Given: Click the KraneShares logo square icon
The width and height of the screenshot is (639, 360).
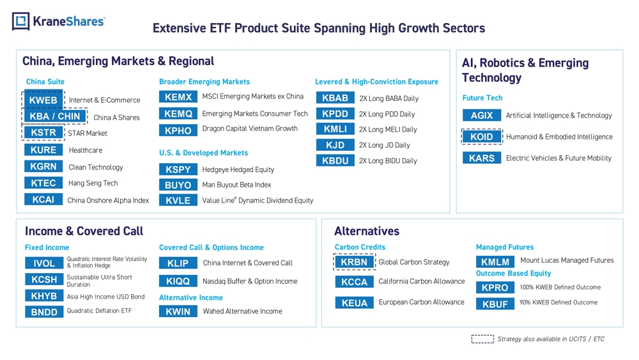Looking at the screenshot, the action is (21, 21).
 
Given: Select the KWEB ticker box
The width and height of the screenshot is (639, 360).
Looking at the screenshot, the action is (43, 100).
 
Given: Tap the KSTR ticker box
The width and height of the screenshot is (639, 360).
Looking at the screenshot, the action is (43, 132).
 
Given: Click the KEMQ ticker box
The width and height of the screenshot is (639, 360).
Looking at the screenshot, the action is (178, 114).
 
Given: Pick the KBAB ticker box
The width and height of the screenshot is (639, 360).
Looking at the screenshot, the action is (335, 98).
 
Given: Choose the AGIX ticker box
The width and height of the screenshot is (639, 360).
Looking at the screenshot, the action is (482, 115).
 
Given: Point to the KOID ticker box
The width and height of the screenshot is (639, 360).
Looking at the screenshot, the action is (482, 137).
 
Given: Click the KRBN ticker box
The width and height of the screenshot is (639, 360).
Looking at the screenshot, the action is (354, 262).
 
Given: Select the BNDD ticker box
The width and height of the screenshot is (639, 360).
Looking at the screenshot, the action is (44, 312).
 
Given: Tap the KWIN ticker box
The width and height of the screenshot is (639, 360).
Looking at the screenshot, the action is (178, 311).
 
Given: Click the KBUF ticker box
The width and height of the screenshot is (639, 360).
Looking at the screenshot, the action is (495, 304).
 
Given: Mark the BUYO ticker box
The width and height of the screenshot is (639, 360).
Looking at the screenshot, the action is (178, 185).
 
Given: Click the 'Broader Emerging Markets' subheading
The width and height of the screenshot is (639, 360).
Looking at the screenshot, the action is (204, 82).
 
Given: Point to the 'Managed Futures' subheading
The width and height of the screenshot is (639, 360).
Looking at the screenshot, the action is (505, 247).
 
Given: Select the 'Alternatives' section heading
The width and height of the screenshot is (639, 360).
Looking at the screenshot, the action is (367, 231).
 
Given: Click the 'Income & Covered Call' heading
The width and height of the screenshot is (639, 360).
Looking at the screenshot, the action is (84, 231).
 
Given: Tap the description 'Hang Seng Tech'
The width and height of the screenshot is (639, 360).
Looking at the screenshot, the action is (93, 183).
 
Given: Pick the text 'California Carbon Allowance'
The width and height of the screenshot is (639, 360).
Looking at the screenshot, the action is (421, 281).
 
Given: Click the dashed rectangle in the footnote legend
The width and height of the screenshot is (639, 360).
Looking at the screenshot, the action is (482, 339).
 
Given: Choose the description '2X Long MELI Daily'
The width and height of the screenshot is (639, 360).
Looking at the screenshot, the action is (388, 130).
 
